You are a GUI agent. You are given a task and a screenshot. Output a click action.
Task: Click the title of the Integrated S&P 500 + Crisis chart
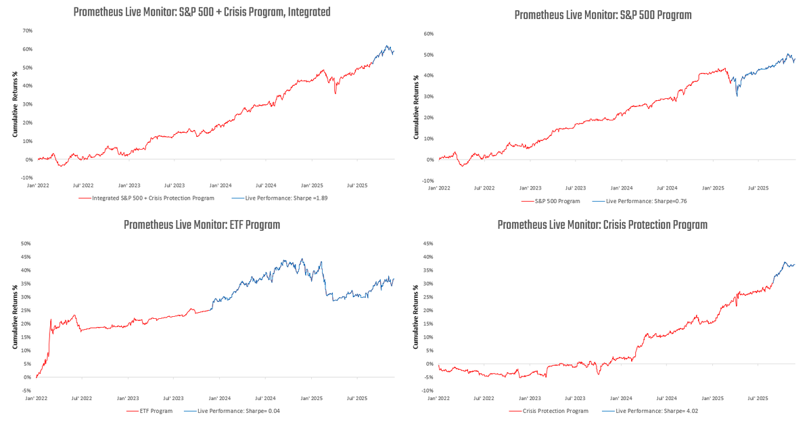[x=202, y=12]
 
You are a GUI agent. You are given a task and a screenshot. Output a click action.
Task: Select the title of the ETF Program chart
[x=202, y=225]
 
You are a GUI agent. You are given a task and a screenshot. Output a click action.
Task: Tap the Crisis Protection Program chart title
[x=602, y=225]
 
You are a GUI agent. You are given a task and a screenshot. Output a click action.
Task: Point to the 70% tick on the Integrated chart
[x=27, y=30]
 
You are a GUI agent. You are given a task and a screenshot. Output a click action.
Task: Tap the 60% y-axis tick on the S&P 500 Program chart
[x=428, y=33]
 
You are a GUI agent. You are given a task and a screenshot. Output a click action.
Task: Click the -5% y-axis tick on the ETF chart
[x=27, y=391]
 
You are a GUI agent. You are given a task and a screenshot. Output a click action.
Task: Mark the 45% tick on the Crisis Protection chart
[x=428, y=244]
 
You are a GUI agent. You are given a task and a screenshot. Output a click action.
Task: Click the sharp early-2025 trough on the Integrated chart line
[x=335, y=93]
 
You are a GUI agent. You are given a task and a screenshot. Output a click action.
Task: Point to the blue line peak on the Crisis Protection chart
[x=785, y=262]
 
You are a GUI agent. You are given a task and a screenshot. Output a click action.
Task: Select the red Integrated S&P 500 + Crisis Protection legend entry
[x=147, y=198]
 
